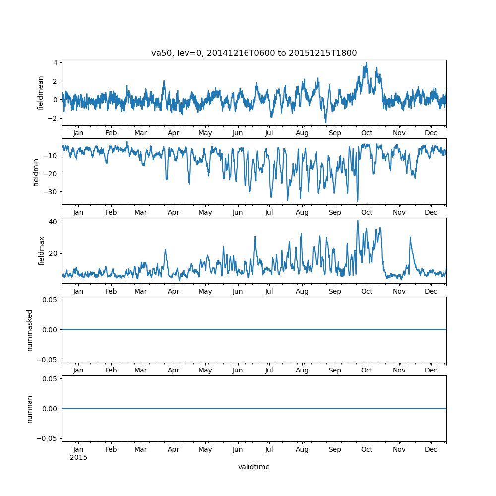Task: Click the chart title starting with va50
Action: [254, 53]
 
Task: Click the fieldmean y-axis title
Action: [41, 93]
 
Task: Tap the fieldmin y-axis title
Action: [36, 172]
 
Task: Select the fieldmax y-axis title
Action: [41, 250]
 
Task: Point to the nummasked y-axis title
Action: [30, 330]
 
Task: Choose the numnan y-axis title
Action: [30, 409]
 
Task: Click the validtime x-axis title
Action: [254, 467]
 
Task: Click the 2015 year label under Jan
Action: [78, 457]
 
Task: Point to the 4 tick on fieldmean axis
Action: [55, 62]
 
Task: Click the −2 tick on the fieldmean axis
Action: [53, 118]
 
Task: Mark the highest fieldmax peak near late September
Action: [358, 221]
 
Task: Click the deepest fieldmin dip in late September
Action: [358, 201]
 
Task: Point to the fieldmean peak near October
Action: [366, 63]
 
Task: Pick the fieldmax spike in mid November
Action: [410, 237]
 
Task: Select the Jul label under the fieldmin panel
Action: [269, 212]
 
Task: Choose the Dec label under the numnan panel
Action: [431, 449]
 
